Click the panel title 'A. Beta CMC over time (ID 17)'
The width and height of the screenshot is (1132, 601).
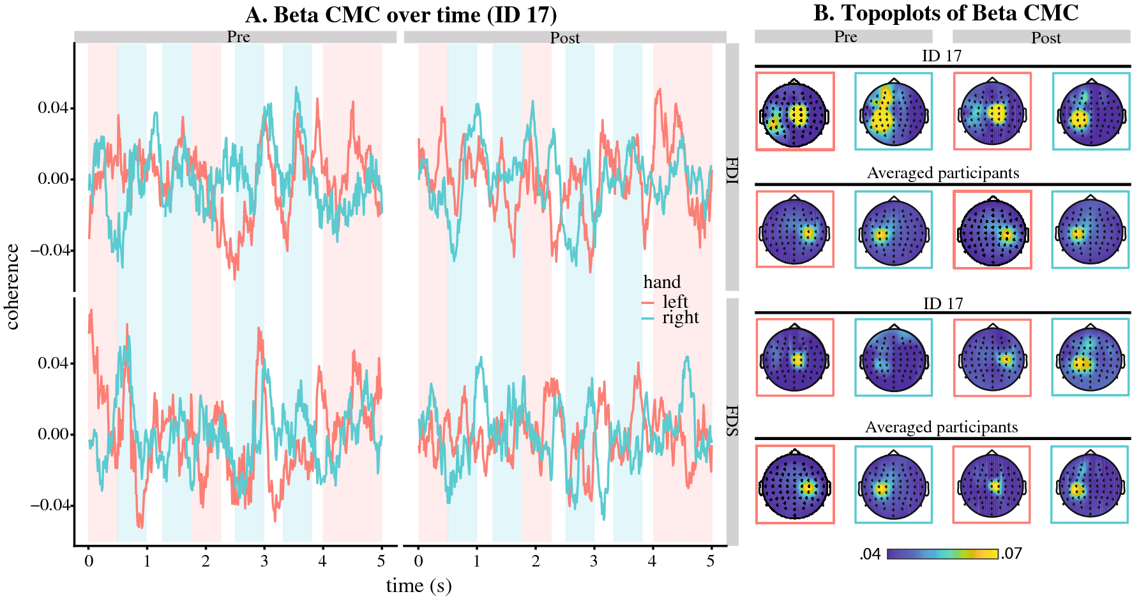point(400,15)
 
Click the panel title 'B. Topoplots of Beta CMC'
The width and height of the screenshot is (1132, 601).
point(946,13)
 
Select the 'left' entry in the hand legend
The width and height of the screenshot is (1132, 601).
point(674,301)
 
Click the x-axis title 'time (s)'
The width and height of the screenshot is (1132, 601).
point(418,585)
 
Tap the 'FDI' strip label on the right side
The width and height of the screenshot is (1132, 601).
point(732,171)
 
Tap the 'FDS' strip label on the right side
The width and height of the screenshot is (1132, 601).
point(732,421)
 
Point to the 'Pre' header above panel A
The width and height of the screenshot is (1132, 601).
point(238,37)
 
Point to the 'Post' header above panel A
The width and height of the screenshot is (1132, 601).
point(565,38)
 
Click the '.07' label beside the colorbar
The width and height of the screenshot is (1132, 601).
point(1011,554)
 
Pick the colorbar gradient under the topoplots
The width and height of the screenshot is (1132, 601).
point(942,554)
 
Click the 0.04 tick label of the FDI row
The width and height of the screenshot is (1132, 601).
point(53,108)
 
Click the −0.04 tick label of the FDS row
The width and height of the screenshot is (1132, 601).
point(50,505)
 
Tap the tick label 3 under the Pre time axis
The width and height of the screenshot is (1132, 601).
point(264,561)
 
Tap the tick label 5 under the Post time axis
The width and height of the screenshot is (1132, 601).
point(711,561)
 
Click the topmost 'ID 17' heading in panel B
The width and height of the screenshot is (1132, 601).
point(941,56)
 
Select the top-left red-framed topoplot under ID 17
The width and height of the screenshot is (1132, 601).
point(795,112)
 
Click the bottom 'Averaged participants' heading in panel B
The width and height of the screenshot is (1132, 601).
point(941,427)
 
